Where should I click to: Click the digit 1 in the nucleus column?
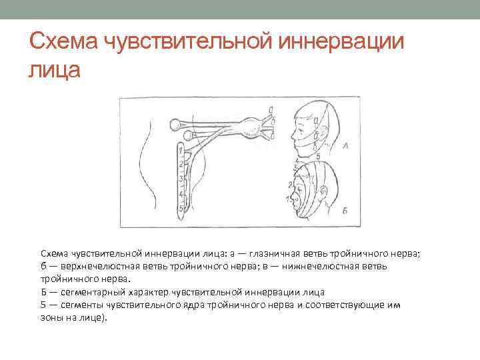click(x=181, y=151)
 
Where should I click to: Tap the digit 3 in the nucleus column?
click(x=181, y=178)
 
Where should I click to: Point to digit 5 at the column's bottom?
click(x=181, y=208)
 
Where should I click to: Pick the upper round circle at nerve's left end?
click(x=175, y=123)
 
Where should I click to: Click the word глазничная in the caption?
click(x=269, y=254)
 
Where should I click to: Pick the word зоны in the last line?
click(x=52, y=317)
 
